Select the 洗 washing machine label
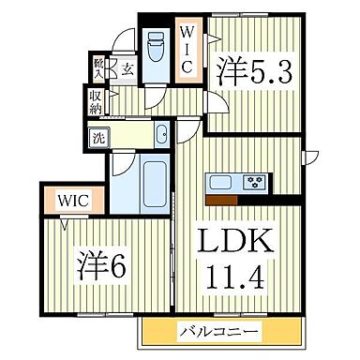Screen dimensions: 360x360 click(x=98, y=137)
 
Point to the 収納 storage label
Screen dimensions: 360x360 click(x=97, y=100)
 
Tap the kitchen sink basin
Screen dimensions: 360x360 click(x=220, y=182)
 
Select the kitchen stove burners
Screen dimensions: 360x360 click(x=253, y=182)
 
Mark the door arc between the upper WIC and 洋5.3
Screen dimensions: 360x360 click(x=211, y=38)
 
